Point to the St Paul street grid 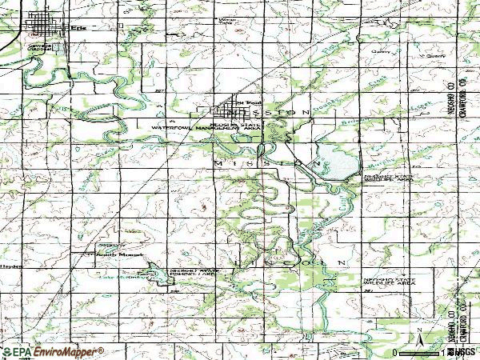(233, 107)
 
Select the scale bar (420, 351)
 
